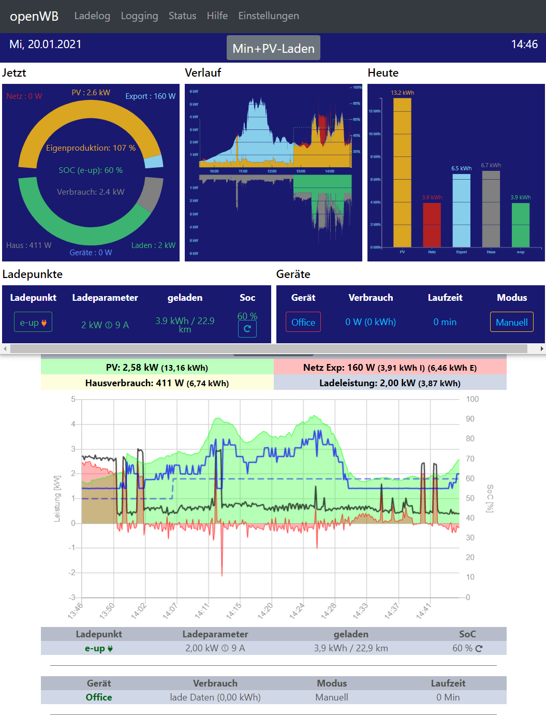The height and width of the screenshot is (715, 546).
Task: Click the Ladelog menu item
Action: pos(92,16)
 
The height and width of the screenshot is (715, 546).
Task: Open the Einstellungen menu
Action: pos(268,16)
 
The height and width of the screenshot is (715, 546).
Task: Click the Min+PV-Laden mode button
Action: pos(273,48)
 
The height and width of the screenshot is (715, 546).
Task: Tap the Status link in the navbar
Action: pos(182,16)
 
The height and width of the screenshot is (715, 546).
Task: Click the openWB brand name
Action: pos(34,16)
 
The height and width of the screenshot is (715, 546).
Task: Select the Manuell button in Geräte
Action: pos(511,322)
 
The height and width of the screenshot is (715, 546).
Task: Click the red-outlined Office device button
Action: pos(303,322)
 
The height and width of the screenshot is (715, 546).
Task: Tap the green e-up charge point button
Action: pos(33,323)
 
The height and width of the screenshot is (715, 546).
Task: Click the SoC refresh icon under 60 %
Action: pos(247,329)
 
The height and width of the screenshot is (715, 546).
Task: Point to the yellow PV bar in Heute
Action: pos(402,172)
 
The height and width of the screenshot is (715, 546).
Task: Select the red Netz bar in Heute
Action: pos(432,225)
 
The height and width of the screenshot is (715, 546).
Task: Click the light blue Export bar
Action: pos(461,210)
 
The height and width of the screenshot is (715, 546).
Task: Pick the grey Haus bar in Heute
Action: pos(491,209)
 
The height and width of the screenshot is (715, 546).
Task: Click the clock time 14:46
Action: pos(524,45)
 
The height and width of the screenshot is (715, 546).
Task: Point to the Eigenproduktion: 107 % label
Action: pos(91,148)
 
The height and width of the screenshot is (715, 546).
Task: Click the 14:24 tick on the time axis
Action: pos(297,610)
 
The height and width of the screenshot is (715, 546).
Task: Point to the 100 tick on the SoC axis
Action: pos(472,399)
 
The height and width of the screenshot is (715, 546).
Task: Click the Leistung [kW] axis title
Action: pos(57,499)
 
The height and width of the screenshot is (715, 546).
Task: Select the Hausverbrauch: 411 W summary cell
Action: pos(157,383)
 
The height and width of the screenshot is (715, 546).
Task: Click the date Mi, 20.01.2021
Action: pos(46,45)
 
